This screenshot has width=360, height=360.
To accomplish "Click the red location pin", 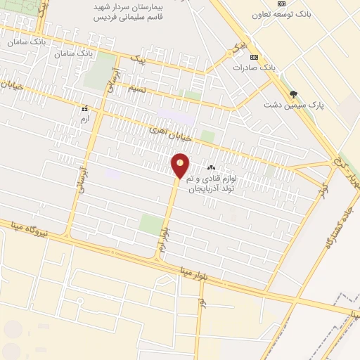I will pos(181,166).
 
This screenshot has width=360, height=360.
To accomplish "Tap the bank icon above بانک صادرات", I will pos(254,57).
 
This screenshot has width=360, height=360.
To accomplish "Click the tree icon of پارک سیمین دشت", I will pos(294,94).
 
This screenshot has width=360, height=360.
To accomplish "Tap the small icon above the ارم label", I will pos(85,109).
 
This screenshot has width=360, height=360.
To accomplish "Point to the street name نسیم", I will pos(137,89).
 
